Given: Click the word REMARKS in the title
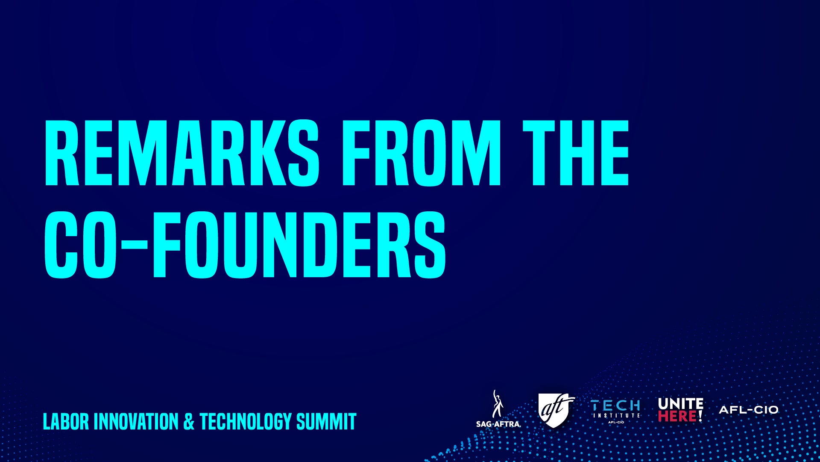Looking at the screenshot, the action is click(182, 153).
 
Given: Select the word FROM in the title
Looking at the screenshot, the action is click(421, 153).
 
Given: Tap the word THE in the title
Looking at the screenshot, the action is click(576, 153).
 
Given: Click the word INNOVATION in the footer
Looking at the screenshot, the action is click(136, 421).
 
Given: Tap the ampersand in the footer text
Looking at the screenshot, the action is click(189, 421).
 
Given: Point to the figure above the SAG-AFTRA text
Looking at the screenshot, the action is click(497, 403).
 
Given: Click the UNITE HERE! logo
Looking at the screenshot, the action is click(680, 409).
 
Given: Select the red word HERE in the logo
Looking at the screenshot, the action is click(677, 416).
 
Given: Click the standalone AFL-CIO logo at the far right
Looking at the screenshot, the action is click(749, 410).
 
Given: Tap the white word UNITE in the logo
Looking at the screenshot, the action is click(680, 403).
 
